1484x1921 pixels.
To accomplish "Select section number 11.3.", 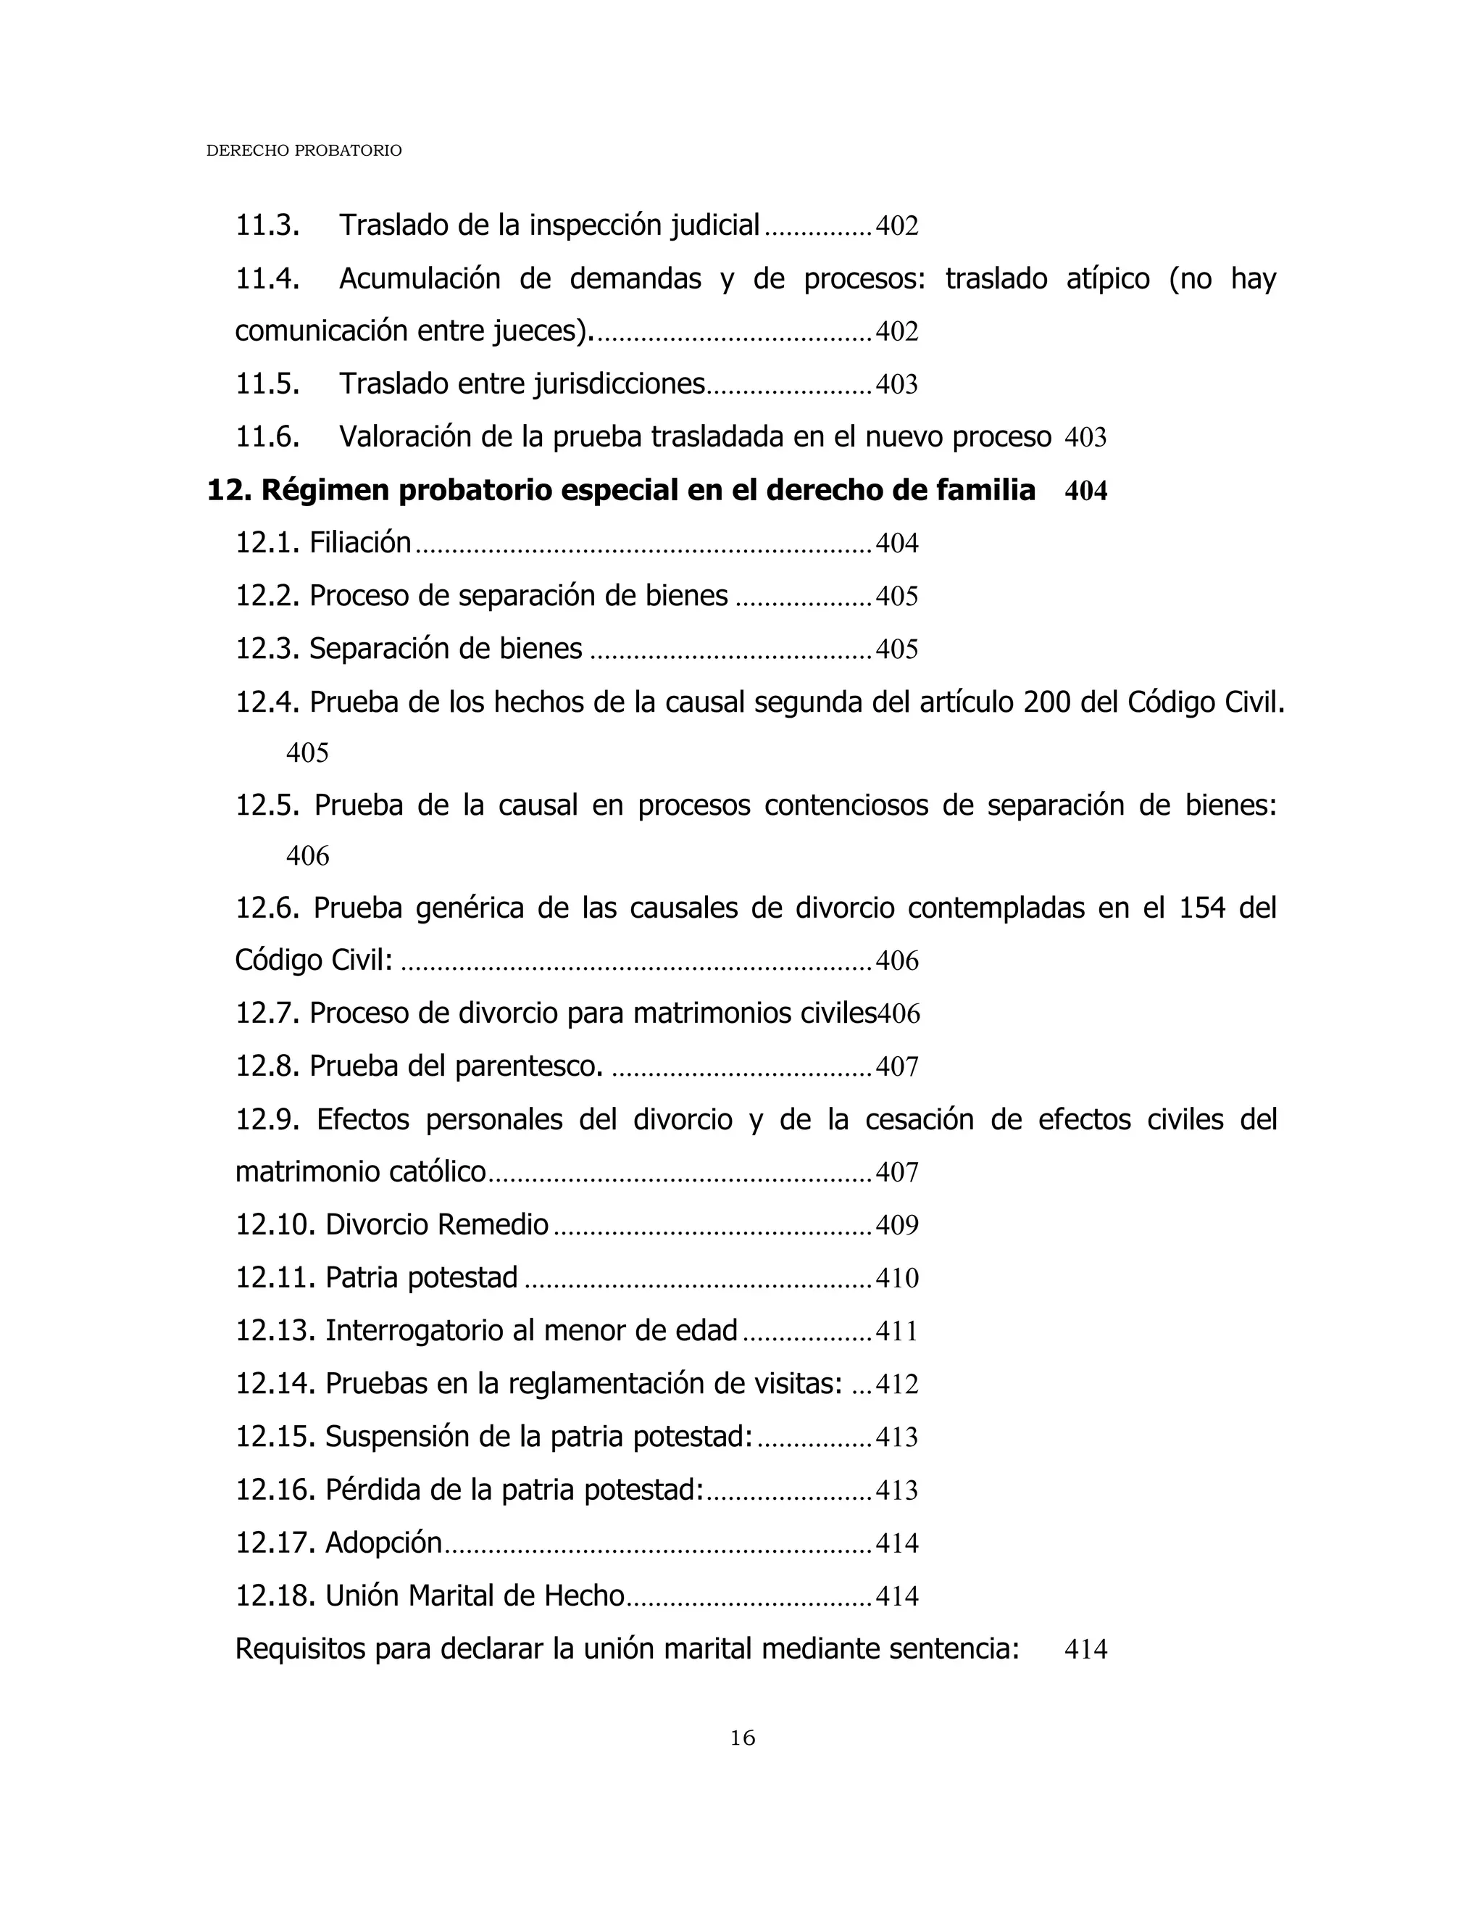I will point(267,226).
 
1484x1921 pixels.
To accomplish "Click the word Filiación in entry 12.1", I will point(360,543).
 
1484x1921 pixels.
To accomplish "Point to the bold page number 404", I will point(1085,491).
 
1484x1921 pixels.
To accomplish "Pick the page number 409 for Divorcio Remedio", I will point(897,1225).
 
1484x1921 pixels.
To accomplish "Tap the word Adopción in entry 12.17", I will point(383,1543).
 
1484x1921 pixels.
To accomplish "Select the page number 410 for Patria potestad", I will point(897,1278).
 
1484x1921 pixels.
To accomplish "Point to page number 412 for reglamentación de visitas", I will point(897,1385).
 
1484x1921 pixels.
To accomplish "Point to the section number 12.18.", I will point(275,1596).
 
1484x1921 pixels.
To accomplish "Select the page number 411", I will point(897,1332).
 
